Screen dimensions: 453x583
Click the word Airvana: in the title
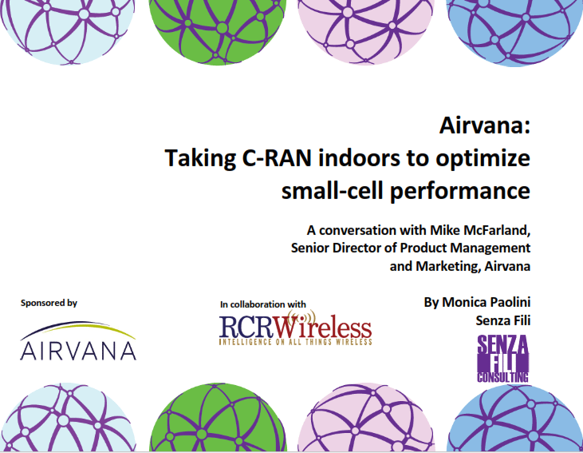click(x=484, y=125)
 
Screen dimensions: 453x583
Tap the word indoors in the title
click(x=349, y=158)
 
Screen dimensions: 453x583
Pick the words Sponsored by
click(x=49, y=303)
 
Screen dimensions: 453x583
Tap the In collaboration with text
click(x=262, y=304)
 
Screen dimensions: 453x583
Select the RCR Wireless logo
click(x=296, y=329)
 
